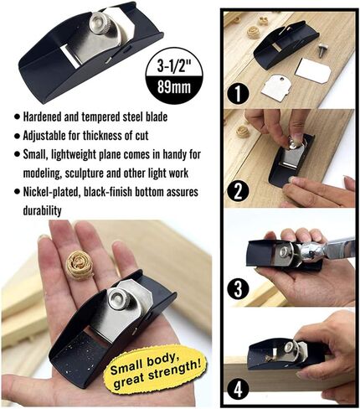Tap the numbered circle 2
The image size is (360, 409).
point(241,189)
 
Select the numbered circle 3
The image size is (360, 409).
point(241,290)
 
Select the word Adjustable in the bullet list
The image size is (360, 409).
point(46,136)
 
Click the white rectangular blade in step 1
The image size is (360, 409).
point(313,70)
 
